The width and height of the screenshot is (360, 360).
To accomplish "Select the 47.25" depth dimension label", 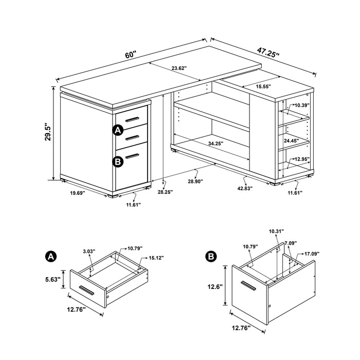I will tap(267, 53).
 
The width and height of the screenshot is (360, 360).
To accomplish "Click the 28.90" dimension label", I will tap(195, 181).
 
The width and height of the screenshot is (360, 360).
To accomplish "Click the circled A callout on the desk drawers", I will tap(118, 130).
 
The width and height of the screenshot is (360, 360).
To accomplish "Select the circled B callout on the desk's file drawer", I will tap(118, 161).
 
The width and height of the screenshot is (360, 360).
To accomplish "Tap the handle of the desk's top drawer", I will tap(133, 119).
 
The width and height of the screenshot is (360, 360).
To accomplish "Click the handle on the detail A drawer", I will tap(86, 291).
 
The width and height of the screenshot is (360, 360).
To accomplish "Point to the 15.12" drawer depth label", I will tap(156, 258).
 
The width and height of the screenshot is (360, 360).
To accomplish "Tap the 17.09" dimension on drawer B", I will tap(313, 253).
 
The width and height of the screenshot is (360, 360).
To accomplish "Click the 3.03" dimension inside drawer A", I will tap(89, 252).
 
